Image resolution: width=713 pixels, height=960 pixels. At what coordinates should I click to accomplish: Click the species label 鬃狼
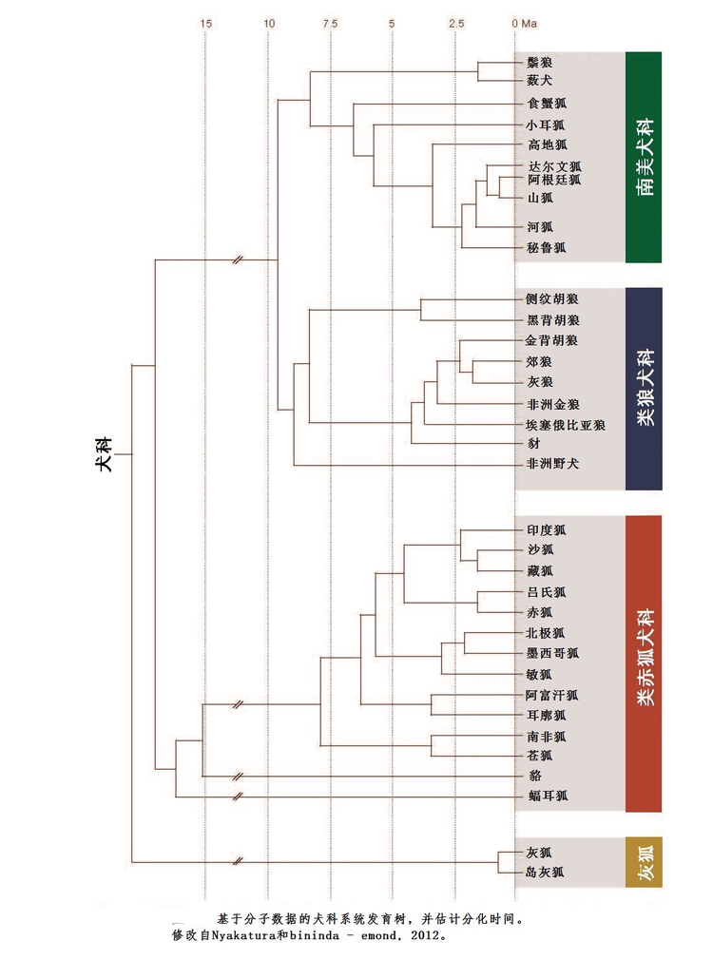[x=539, y=63]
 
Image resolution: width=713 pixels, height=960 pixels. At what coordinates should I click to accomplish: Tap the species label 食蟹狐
[x=547, y=104]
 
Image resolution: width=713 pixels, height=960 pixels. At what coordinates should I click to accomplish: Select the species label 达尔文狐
[x=553, y=166]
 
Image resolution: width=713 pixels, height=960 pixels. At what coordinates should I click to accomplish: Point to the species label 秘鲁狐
[x=547, y=247]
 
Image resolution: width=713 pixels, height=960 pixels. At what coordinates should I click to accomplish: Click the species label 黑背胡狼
[x=552, y=320]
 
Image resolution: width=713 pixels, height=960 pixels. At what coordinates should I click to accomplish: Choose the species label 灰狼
[x=539, y=382]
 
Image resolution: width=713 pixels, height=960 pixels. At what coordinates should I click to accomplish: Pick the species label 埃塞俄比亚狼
[x=566, y=424]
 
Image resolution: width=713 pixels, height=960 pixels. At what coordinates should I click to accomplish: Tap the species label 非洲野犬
[x=552, y=464]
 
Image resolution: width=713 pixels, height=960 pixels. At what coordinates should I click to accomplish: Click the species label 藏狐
[x=539, y=569]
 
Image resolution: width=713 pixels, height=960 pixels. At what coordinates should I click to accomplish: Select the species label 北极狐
[x=546, y=633]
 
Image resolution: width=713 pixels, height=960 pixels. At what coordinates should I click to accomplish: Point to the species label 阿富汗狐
[x=552, y=695]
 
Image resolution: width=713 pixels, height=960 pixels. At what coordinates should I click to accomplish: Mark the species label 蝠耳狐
[x=547, y=796]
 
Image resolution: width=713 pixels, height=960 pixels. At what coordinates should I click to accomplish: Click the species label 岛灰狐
[x=546, y=872]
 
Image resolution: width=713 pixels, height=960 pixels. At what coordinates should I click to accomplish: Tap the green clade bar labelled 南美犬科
[x=645, y=157]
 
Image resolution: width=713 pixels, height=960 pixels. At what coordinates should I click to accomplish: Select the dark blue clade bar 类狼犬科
[x=644, y=388]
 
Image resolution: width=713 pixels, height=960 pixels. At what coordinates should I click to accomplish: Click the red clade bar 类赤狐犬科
[x=644, y=663]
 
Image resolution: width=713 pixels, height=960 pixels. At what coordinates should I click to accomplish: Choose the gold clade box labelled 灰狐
[x=644, y=862]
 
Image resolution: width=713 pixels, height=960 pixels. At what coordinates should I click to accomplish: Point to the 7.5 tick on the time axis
[x=330, y=23]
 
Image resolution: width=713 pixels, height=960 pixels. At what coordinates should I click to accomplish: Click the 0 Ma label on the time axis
[x=524, y=23]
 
